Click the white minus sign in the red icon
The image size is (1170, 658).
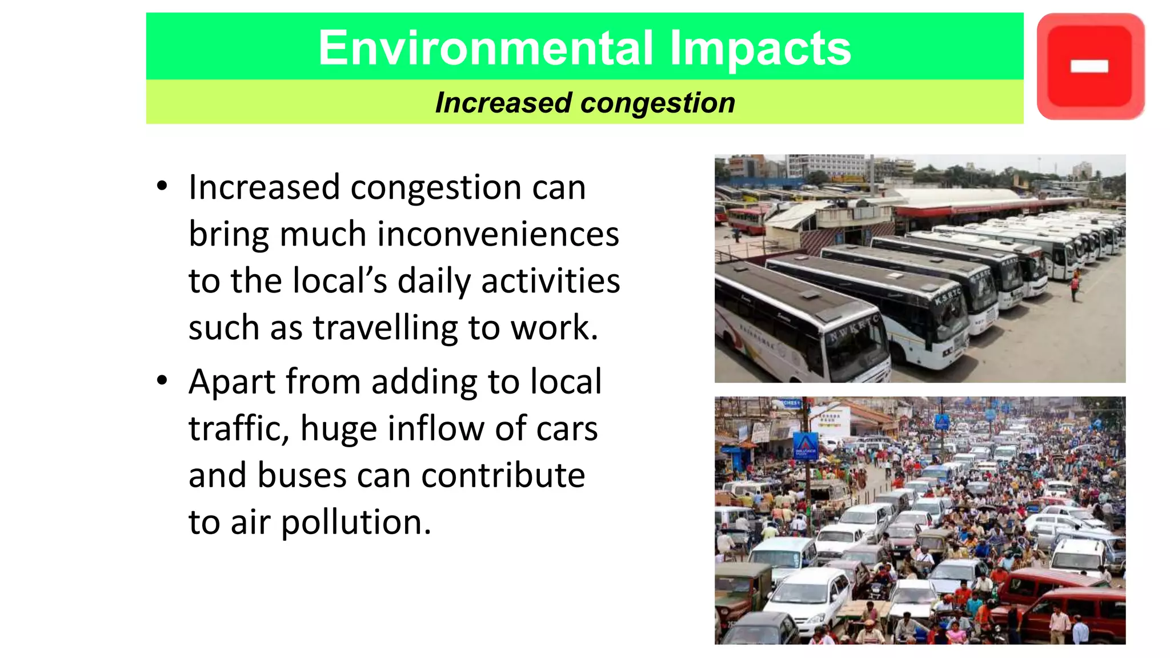tap(1089, 67)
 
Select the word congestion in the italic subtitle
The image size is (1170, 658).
tap(658, 103)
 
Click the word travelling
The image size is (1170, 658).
tap(385, 328)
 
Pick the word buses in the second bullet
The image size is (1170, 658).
tap(302, 475)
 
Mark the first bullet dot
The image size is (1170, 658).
tap(162, 186)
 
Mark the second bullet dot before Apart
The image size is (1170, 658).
tap(162, 380)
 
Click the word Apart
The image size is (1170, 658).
tap(232, 382)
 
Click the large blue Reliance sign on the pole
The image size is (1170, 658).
tap(806, 446)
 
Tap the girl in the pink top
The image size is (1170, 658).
tap(955, 632)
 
